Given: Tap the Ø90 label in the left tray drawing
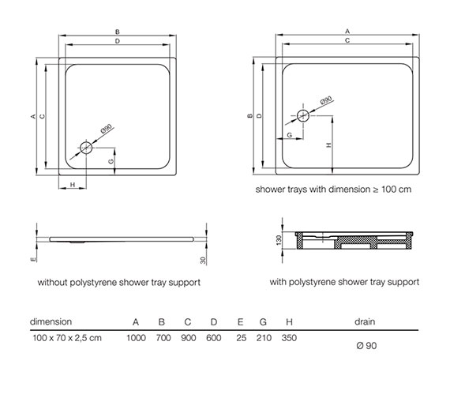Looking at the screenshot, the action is [x=107, y=129].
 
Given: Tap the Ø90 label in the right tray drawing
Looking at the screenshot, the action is [x=326, y=100].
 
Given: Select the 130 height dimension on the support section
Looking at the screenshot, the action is [x=279, y=240].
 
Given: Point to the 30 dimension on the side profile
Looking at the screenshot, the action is [x=203, y=260].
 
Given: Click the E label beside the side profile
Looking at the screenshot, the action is [x=33, y=259].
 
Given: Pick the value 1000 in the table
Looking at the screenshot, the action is [x=136, y=338].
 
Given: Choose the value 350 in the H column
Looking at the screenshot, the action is [x=289, y=338].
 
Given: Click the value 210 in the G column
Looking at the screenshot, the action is [x=264, y=338].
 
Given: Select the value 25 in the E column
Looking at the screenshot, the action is [x=241, y=338].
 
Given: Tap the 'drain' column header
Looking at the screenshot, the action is [x=365, y=321].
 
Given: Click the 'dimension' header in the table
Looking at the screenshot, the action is [x=51, y=321].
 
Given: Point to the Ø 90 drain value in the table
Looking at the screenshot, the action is [x=366, y=345].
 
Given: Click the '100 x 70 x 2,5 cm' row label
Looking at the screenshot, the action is [x=67, y=338].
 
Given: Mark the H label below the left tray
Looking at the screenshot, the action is [x=73, y=184].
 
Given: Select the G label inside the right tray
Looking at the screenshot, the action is [x=289, y=135].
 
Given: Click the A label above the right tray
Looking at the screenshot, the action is [x=347, y=31].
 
